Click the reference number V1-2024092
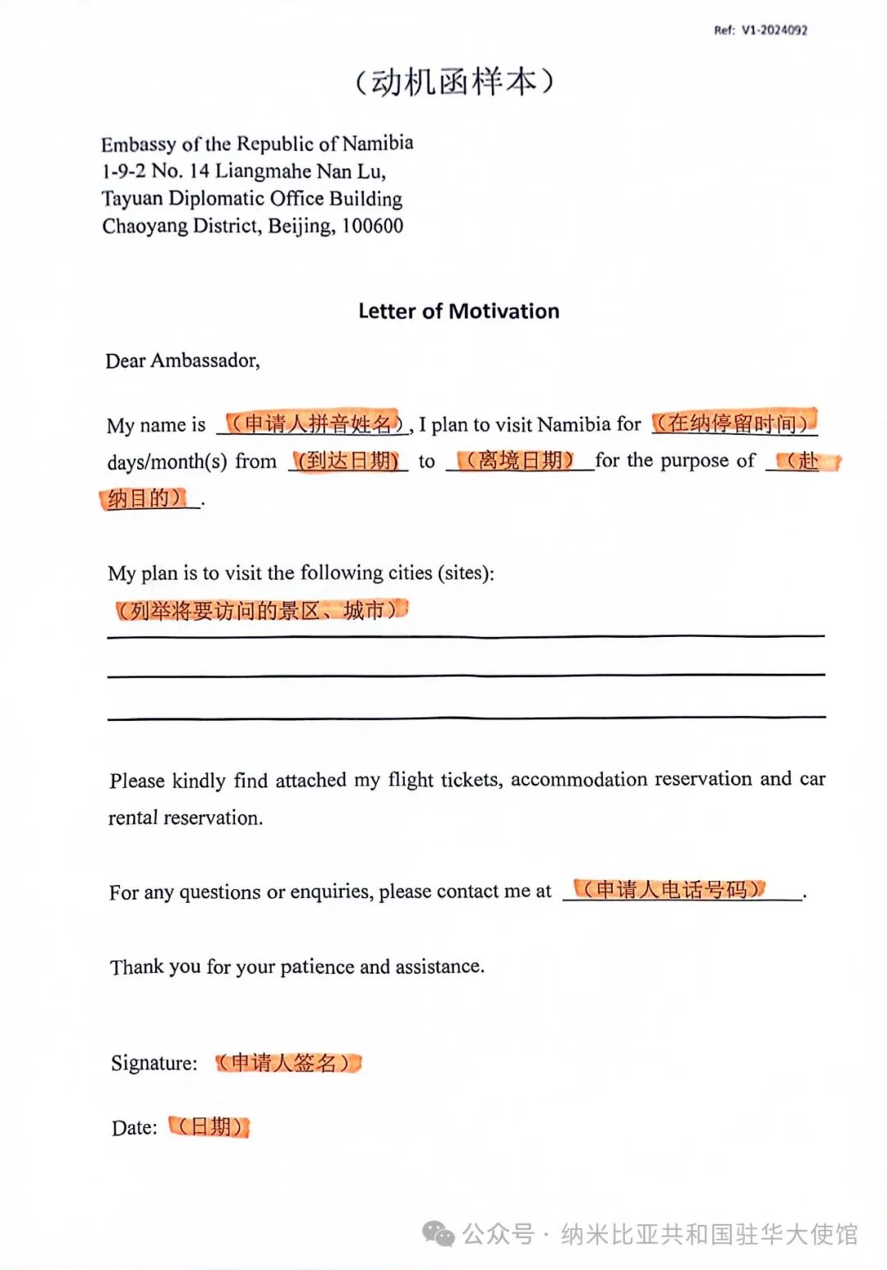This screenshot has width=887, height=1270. point(774,30)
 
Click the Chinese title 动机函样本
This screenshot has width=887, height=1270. point(454,82)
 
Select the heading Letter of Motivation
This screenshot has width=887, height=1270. point(458,311)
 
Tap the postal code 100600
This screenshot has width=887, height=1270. point(373,226)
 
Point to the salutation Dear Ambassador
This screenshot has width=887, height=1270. point(182,360)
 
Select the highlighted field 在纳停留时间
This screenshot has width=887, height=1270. point(734,423)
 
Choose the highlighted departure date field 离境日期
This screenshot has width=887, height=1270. point(517,460)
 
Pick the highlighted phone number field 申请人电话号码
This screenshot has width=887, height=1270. point(669,889)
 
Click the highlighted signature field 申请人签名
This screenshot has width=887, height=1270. point(288,1062)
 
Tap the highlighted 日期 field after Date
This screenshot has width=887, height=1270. point(209,1126)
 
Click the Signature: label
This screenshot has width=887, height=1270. point(154,1063)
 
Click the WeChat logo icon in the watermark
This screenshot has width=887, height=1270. point(438,1234)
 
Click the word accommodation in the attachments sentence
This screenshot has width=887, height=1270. point(574,779)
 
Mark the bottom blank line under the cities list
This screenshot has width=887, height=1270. point(466,718)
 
